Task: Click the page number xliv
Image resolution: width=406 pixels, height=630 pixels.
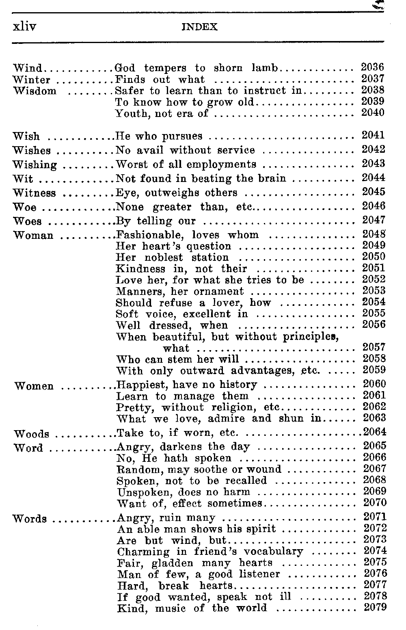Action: [x=24, y=27]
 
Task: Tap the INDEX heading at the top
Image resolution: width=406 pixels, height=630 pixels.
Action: [x=200, y=27]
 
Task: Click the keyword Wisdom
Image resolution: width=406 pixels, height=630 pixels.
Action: [x=35, y=91]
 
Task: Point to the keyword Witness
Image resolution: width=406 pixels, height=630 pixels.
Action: [x=34, y=193]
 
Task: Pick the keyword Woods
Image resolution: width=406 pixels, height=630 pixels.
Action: [x=32, y=434]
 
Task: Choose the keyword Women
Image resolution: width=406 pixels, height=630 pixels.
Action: [x=34, y=386]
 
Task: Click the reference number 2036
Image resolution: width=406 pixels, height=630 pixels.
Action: [x=373, y=67]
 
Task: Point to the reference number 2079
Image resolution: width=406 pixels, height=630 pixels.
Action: [x=375, y=608]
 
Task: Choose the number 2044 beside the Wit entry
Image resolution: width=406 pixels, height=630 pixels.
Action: [x=374, y=178]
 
